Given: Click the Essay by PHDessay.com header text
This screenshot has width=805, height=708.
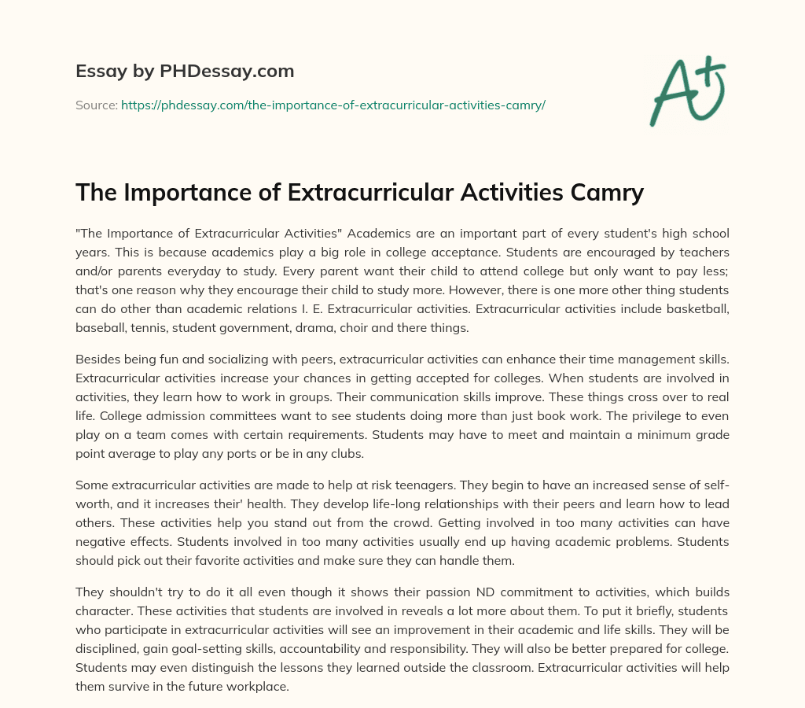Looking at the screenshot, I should coord(185,72).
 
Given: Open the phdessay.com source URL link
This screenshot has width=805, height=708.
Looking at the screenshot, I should coord(333,105).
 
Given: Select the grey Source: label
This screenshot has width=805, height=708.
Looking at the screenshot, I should coord(97,105).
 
